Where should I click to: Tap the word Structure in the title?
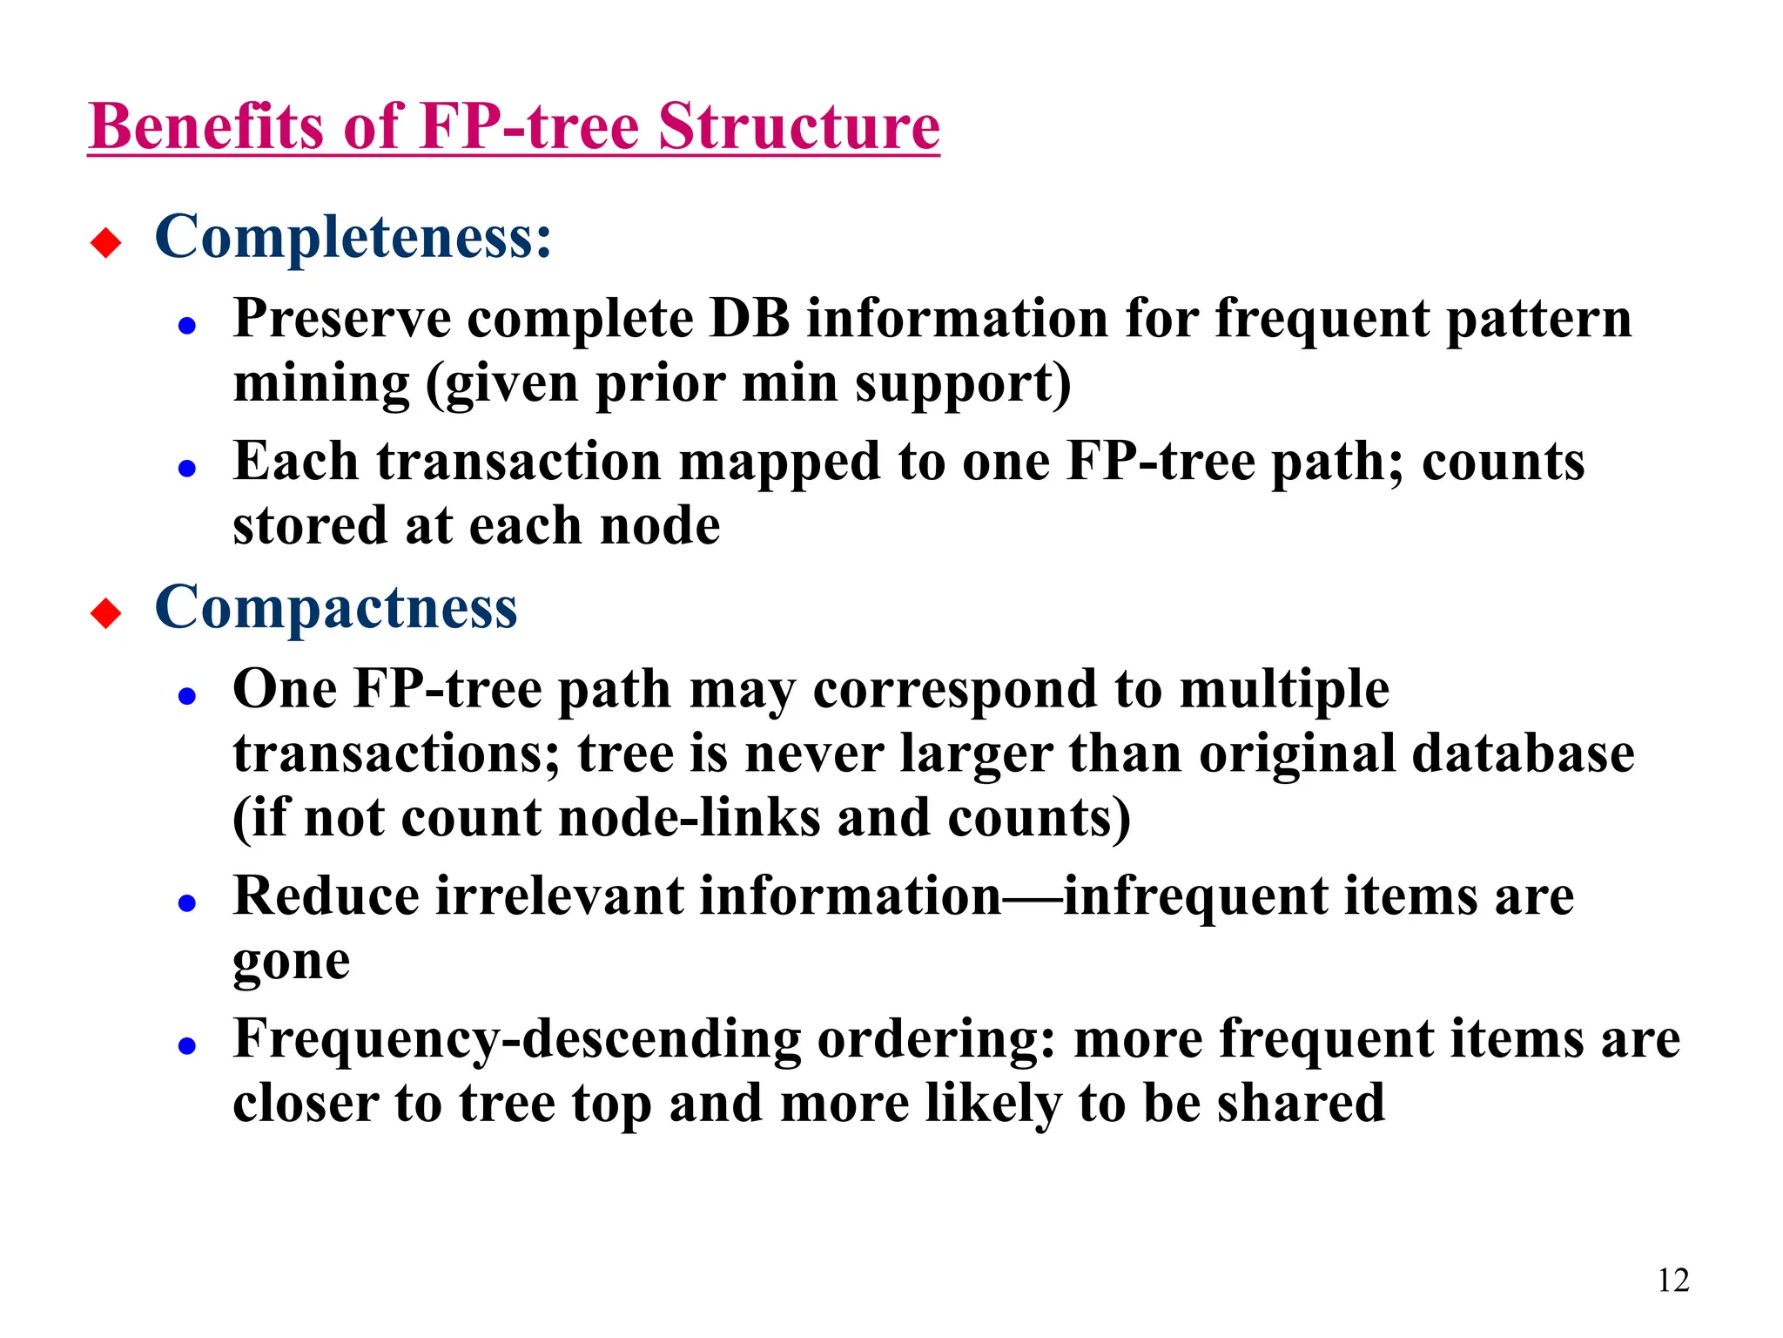click(x=798, y=127)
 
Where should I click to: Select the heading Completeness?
click(x=353, y=237)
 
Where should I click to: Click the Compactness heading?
click(x=336, y=608)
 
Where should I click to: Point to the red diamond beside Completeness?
click(x=106, y=242)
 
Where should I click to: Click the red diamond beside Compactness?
click(x=106, y=613)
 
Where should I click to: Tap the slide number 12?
click(x=1672, y=1280)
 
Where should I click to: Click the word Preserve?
click(x=341, y=319)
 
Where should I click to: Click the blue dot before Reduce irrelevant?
click(x=186, y=903)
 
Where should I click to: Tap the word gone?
click(x=292, y=962)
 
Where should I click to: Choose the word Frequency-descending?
click(x=517, y=1040)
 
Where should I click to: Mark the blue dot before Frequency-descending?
click(x=186, y=1046)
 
